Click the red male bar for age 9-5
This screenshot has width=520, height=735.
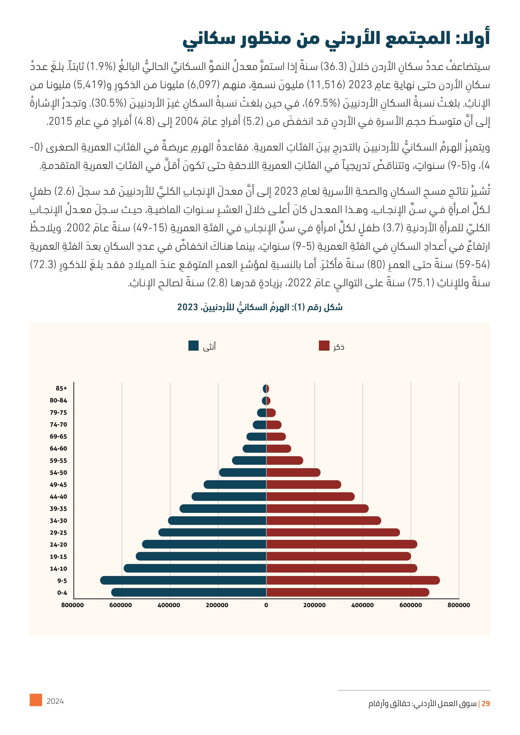(x=352, y=580)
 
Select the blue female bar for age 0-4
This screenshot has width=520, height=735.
(x=189, y=592)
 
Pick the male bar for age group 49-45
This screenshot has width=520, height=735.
(x=304, y=484)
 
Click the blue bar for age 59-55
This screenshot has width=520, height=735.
(x=249, y=460)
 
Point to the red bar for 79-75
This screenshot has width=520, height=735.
(x=271, y=413)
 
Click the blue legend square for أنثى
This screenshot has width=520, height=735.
(x=193, y=346)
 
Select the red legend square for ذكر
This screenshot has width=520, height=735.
(x=324, y=346)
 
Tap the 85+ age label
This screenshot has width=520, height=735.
(x=61, y=388)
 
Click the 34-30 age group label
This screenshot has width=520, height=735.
(x=58, y=520)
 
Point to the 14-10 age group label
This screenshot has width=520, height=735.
(x=58, y=568)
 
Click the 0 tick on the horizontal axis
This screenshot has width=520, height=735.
(x=266, y=605)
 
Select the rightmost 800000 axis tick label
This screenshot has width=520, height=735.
(x=458, y=605)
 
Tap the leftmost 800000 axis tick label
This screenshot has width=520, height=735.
(x=72, y=605)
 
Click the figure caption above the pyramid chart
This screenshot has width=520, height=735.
(x=260, y=307)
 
